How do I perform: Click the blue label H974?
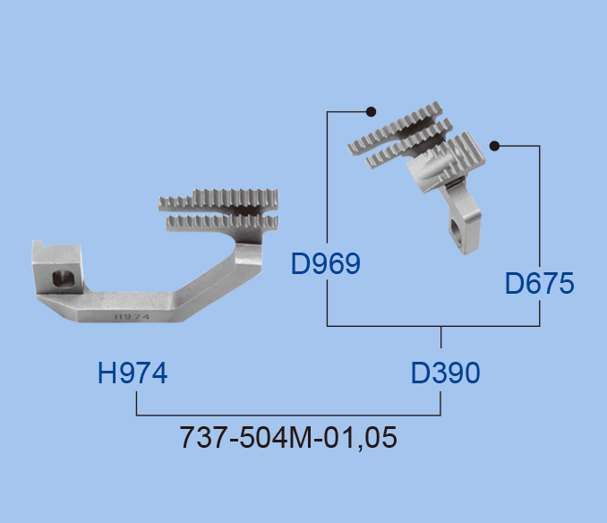[133, 373]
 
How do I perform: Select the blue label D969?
[326, 264]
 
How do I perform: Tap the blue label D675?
[539, 283]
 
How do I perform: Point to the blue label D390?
[446, 373]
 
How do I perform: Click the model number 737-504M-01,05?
[288, 437]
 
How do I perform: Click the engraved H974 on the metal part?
[132, 317]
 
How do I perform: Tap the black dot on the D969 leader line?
[371, 112]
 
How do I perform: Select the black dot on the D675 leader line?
[494, 146]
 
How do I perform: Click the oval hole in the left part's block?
[63, 279]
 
